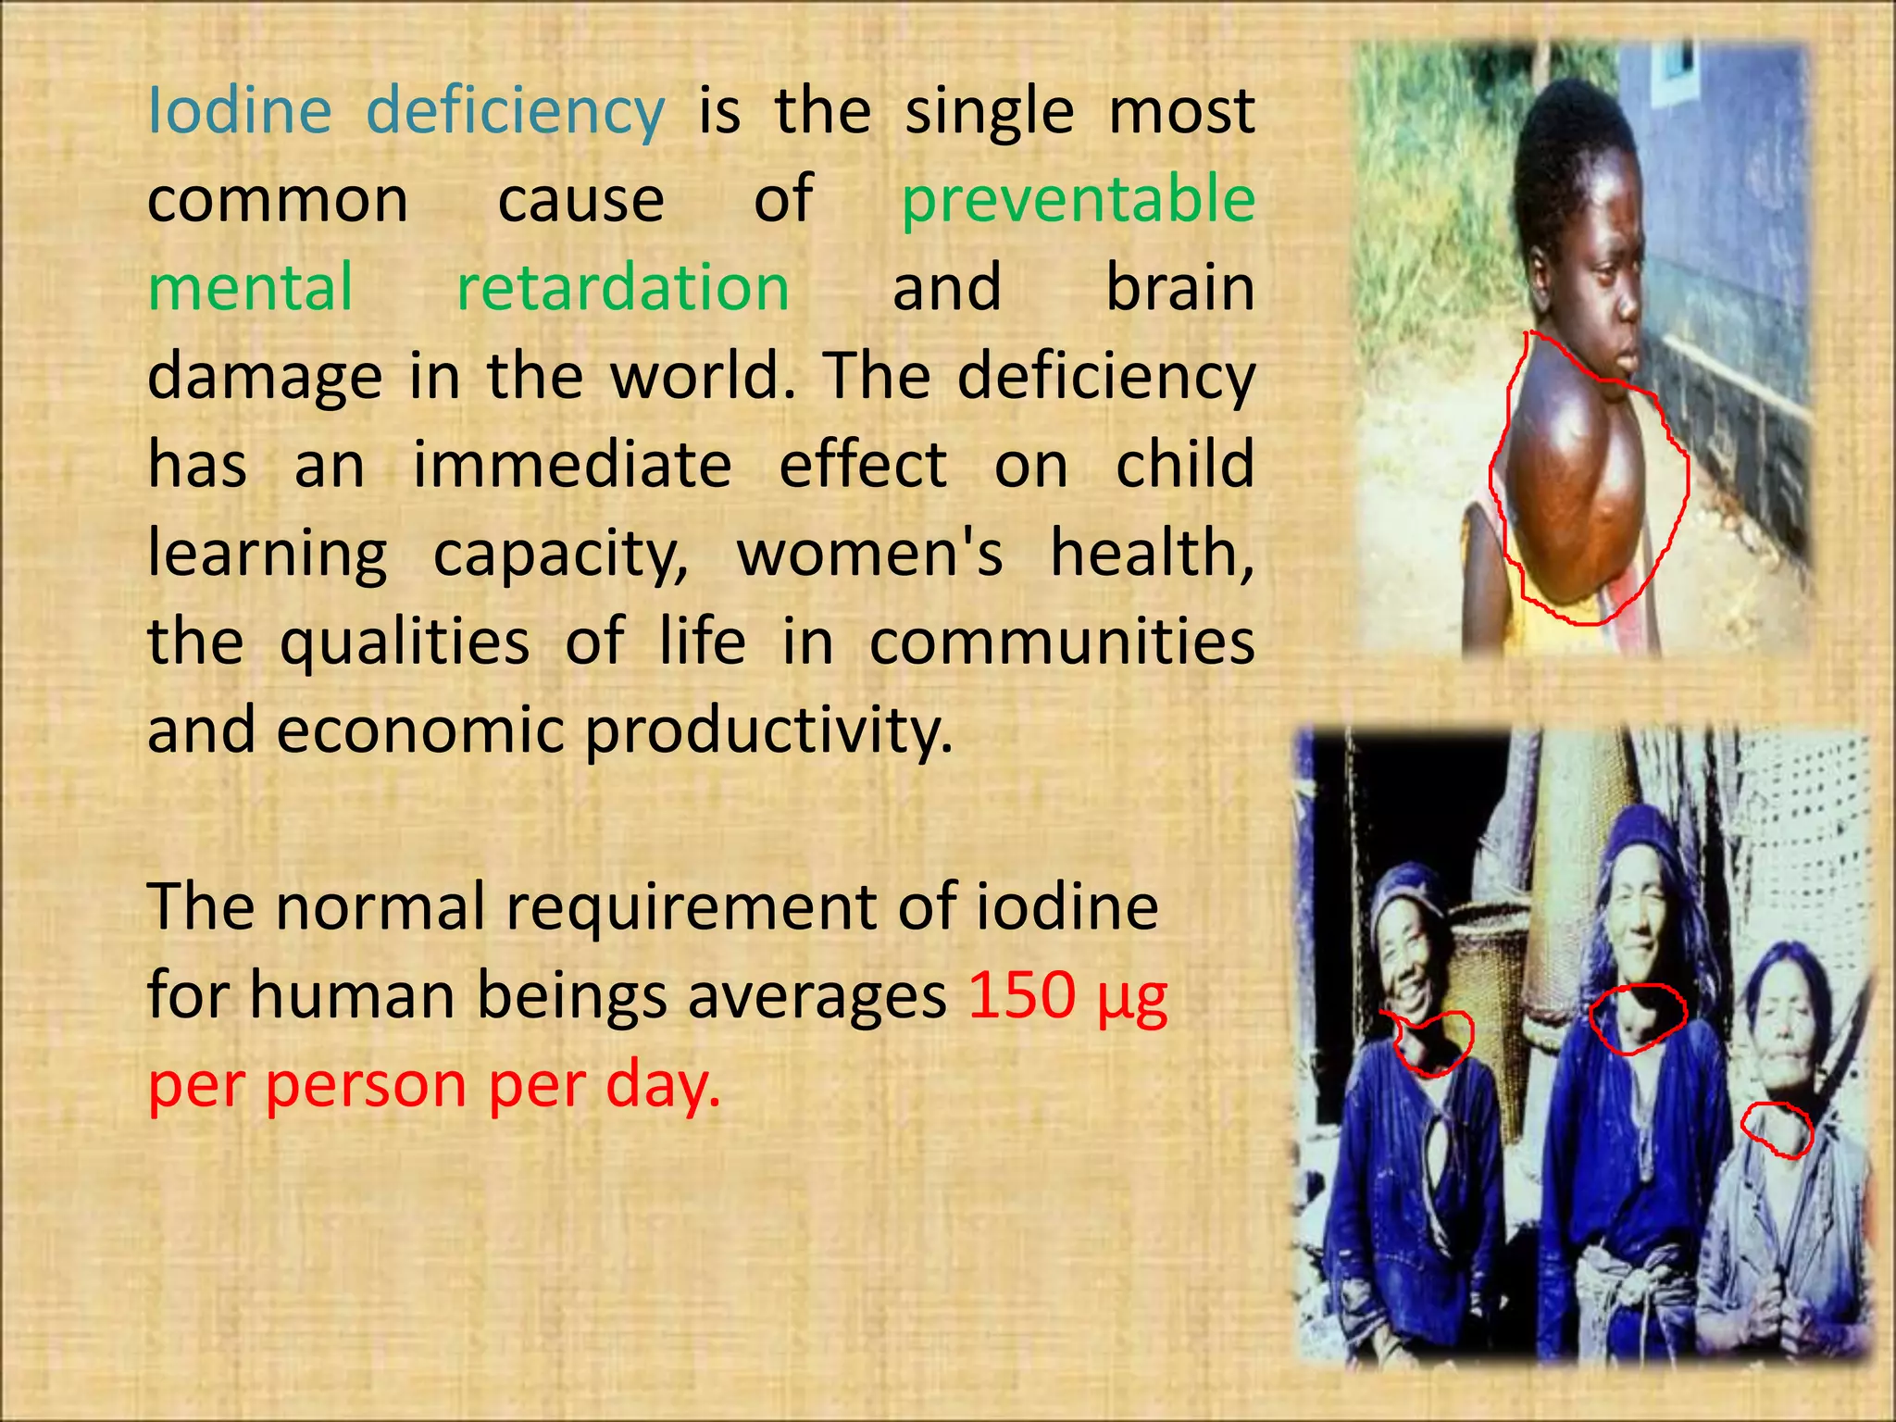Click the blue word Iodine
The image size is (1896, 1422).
tap(239, 111)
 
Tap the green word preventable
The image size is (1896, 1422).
tap(1078, 200)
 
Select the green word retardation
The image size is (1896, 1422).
tap(623, 288)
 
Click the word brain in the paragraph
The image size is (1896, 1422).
tap(1180, 288)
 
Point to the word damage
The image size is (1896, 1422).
tap(264, 378)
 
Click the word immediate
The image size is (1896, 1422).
tap(572, 465)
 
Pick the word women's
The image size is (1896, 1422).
tap(869, 554)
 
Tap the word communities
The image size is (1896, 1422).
tap(1062, 642)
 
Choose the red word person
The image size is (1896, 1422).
tap(365, 1085)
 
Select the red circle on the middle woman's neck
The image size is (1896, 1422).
tap(1638, 1018)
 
